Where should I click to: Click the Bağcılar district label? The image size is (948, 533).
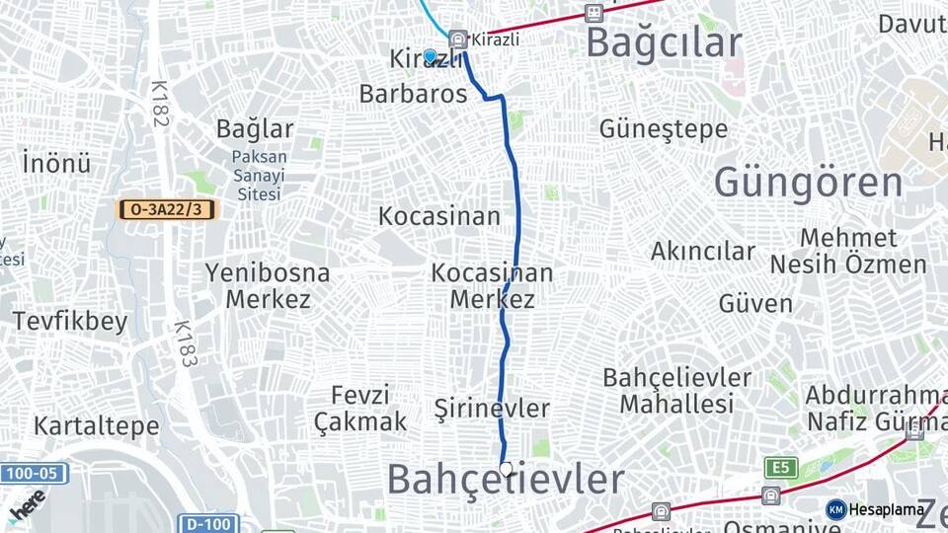(663, 42)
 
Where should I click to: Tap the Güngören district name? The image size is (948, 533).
(808, 183)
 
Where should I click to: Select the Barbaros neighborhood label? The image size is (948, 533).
(413, 95)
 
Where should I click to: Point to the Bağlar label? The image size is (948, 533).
(255, 128)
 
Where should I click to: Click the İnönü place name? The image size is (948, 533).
(55, 162)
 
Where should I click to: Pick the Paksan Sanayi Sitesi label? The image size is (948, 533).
(259, 175)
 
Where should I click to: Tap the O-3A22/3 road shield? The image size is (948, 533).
(165, 209)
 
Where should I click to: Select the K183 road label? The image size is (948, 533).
(185, 343)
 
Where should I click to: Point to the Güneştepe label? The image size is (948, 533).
(663, 129)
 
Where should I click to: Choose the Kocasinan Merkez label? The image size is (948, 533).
(492, 285)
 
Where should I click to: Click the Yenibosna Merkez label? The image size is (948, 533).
(268, 285)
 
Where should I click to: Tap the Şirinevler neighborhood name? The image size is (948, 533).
(492, 408)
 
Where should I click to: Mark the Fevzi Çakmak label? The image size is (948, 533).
(360, 408)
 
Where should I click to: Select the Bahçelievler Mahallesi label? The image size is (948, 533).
(676, 391)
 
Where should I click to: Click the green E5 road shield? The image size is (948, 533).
(779, 467)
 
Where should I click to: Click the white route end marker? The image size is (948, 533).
(506, 470)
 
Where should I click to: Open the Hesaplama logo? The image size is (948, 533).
(875, 509)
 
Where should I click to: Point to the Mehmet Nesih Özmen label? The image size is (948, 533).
(848, 251)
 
